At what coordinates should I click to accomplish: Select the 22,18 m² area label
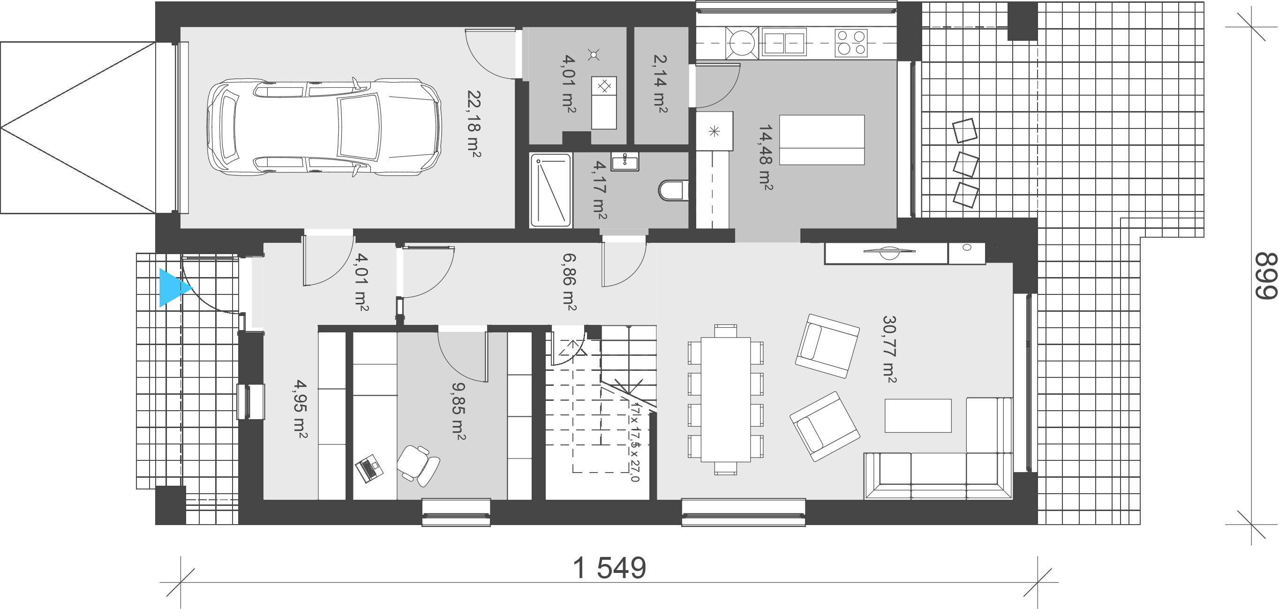[473, 124]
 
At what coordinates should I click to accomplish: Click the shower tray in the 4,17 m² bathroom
[550, 190]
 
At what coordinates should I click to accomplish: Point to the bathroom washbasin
[624, 161]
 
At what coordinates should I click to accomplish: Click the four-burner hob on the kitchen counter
[850, 42]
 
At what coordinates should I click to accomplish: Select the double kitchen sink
[783, 42]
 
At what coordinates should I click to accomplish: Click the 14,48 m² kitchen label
[765, 158]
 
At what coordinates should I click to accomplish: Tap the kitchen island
[822, 140]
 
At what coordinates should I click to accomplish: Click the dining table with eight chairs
[725, 399]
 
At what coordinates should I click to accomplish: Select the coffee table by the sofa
[918, 415]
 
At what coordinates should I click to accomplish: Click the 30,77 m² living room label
[889, 349]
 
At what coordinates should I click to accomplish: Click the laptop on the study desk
[369, 468]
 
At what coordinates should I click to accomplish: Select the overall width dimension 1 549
[609, 568]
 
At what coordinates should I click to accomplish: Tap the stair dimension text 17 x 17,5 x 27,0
[634, 442]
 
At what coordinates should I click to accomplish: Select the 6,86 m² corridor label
[569, 281]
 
